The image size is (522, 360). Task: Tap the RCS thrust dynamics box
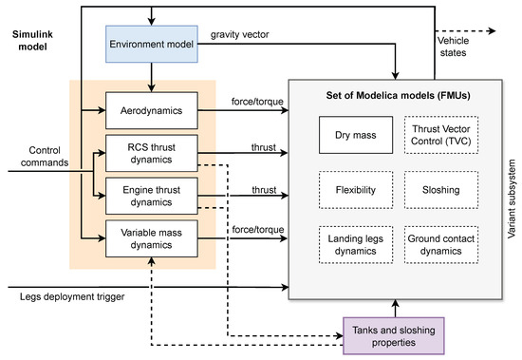pos(151,152)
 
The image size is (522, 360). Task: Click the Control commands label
pos(35,156)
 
